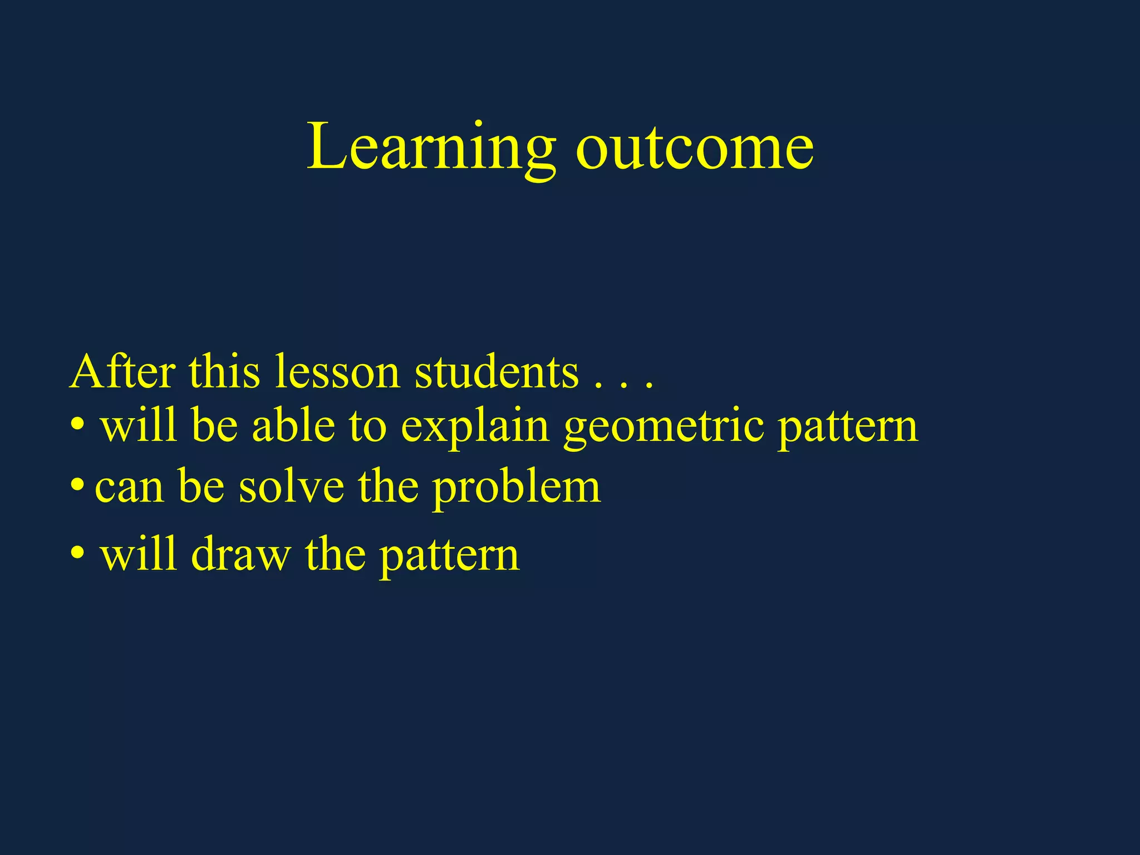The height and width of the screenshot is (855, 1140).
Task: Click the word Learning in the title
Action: click(x=431, y=148)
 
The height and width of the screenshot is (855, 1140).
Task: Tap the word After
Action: click(x=123, y=372)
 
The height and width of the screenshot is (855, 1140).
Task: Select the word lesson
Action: click(x=337, y=372)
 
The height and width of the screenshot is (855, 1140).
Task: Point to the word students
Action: click(x=497, y=372)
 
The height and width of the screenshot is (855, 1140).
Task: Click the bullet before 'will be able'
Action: click(x=77, y=426)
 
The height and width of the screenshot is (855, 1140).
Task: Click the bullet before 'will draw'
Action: click(x=77, y=554)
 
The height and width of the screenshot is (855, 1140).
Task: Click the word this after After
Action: click(x=224, y=372)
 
